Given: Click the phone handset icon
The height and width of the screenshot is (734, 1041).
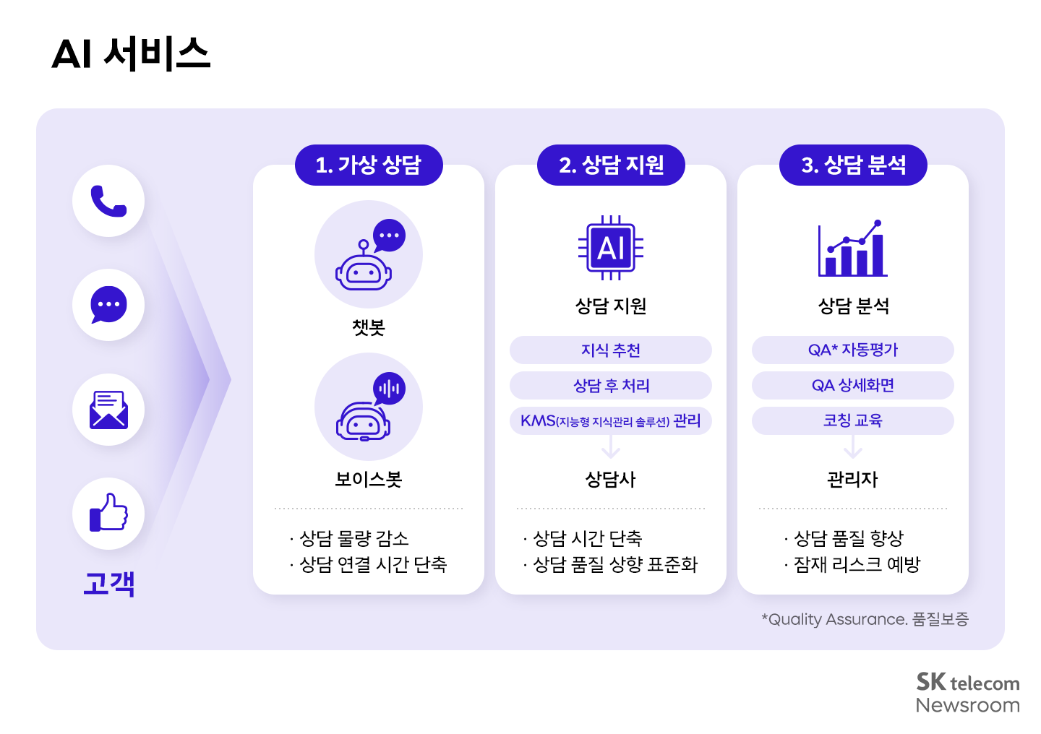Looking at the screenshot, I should tap(108, 201).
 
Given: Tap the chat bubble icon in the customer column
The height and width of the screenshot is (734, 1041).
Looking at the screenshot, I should tap(108, 305).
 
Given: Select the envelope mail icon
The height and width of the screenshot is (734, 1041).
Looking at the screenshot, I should tap(108, 410).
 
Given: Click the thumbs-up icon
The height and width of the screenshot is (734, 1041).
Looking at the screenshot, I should tap(108, 513).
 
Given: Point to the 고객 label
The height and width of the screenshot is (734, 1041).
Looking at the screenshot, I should tap(109, 582).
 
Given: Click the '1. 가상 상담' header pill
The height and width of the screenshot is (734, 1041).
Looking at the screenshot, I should tap(369, 165).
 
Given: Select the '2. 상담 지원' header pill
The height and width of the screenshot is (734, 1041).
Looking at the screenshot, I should tap(611, 165).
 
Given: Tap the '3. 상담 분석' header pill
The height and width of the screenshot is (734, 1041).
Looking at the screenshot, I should tap(853, 165).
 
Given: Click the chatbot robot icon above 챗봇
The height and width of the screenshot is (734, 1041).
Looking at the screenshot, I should tap(369, 255).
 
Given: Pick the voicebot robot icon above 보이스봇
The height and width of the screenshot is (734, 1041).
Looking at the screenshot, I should tap(369, 407).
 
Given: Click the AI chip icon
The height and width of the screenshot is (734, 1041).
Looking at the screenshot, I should tap(611, 248).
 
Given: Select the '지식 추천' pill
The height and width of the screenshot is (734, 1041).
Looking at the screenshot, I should tap(611, 350).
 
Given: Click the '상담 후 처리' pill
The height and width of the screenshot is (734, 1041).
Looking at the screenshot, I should tap(611, 386).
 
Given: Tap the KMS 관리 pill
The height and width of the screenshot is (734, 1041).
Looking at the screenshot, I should tap(611, 420).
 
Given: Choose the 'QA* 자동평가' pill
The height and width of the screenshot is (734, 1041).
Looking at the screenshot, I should tap(853, 350).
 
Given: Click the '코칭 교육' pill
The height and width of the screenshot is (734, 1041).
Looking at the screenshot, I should tap(853, 420).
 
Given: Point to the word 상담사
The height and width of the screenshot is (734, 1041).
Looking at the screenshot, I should tap(611, 479).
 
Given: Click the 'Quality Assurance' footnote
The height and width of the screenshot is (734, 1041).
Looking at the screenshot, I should tap(865, 619).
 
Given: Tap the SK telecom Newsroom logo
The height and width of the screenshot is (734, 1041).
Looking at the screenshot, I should tap(967, 693).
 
